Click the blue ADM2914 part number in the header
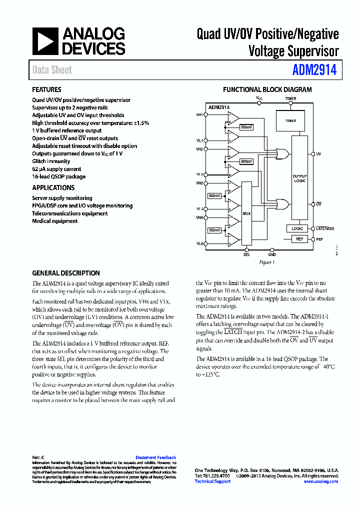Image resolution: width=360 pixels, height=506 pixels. (314, 70)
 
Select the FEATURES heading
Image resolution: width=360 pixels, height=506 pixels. (46, 89)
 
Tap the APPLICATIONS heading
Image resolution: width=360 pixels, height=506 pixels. (53, 187)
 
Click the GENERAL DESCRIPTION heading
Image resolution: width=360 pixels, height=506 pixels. (66, 273)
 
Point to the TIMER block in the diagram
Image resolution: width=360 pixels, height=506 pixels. (290, 121)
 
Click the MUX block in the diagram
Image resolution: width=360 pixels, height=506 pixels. (246, 213)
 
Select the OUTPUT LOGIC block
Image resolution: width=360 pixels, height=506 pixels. (299, 178)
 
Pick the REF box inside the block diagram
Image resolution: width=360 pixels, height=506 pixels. (299, 239)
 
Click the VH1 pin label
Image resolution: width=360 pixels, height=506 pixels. (199, 114)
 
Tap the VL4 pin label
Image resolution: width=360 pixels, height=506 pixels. (199, 243)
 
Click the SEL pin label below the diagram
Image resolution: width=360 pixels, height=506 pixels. (246, 254)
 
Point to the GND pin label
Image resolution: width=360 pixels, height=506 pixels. (271, 254)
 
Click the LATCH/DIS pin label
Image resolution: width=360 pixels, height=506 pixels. (325, 228)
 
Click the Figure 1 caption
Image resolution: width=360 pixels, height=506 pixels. (267, 262)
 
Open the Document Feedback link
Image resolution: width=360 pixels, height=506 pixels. (156, 457)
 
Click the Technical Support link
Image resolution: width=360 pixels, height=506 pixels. (212, 481)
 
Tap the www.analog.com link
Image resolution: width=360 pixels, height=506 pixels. (320, 481)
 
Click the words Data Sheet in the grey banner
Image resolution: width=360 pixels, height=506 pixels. (52, 70)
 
